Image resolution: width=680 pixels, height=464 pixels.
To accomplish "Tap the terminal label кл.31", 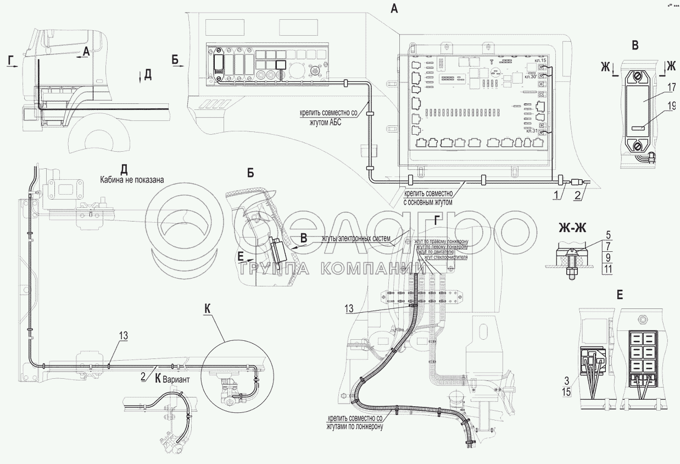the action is click(x=531, y=131).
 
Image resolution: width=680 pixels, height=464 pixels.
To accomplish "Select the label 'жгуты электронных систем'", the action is click(x=356, y=239).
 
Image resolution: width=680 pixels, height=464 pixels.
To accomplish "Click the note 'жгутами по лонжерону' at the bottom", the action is click(x=354, y=426).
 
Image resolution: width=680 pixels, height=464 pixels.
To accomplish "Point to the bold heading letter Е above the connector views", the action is click(x=620, y=296).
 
